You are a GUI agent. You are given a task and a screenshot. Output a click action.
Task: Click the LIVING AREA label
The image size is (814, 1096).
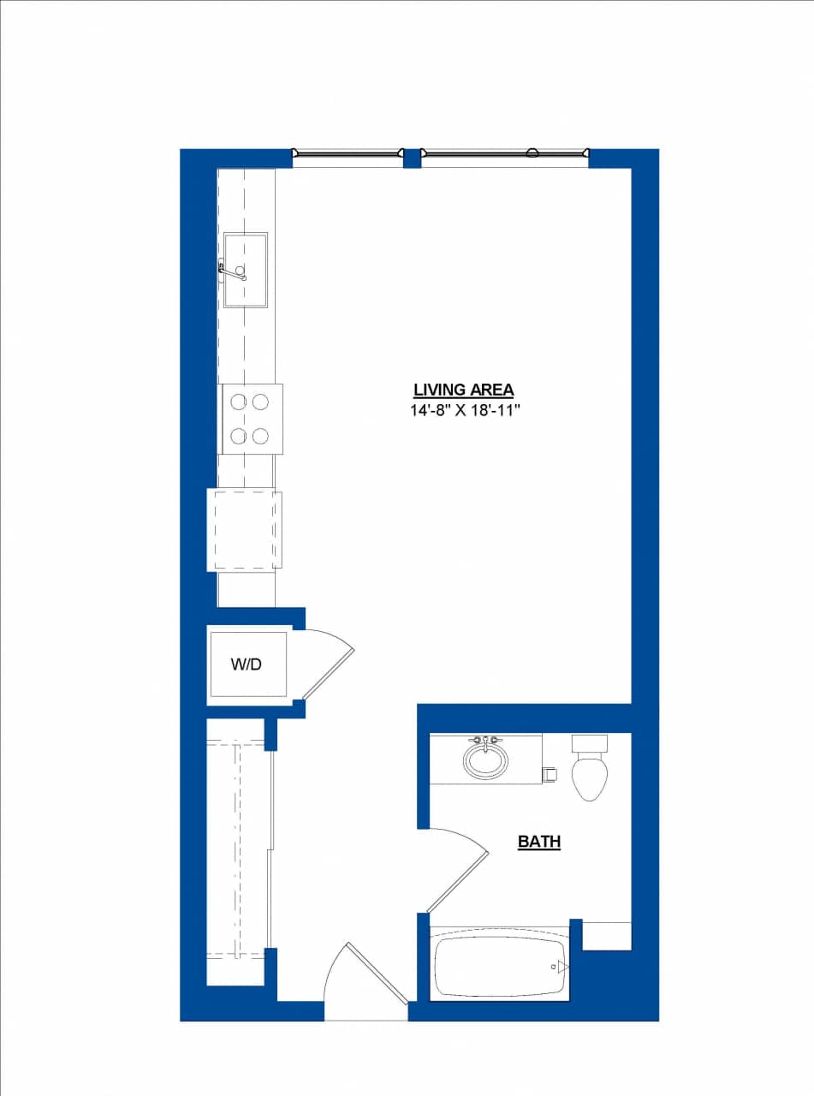463,390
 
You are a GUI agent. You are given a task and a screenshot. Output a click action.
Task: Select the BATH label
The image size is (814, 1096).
539,842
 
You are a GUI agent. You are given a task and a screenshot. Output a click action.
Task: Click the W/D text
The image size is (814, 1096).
247,664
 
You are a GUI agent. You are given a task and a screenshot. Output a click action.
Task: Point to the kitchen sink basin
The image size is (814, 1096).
247,270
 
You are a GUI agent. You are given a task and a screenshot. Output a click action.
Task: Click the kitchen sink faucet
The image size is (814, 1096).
231,271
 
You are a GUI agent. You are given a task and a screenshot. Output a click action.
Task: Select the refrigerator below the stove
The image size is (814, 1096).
245,530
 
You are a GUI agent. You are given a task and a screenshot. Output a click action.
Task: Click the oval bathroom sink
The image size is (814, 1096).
485,759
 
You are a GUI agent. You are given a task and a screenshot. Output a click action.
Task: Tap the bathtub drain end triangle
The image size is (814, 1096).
562,968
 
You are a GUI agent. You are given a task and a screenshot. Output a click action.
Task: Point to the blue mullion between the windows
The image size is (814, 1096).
412,158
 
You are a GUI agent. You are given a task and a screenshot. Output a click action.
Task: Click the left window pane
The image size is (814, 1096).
348,153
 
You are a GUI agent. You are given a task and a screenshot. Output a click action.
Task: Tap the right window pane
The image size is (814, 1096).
505,153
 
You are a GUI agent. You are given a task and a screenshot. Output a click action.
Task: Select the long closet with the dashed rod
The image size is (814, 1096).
237,848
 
